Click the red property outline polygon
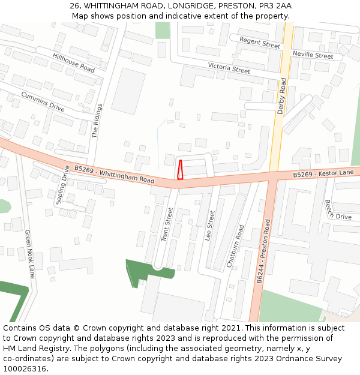180,170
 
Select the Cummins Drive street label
43,102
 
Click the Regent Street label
260,42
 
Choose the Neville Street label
313,55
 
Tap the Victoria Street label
229,68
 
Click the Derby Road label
282,95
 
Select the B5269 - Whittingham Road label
114,175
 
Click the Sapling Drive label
62,185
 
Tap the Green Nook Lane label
29,254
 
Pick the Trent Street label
167,224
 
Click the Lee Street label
210,226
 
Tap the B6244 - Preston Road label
263,251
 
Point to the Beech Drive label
338,210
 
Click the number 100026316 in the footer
25,368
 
